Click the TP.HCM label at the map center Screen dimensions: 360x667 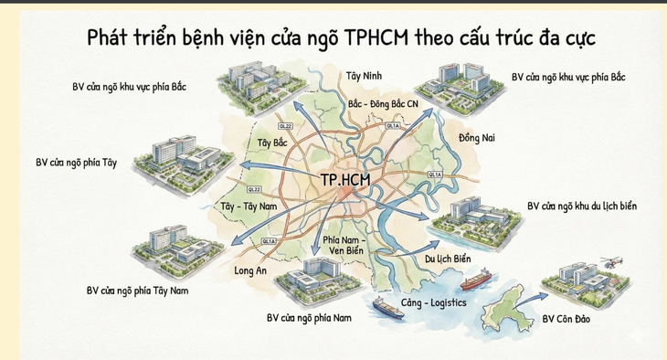pyautogui.click(x=344, y=180)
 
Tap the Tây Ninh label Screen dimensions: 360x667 pyautogui.click(x=364, y=76)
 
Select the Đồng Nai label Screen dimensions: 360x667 pyautogui.click(x=475, y=137)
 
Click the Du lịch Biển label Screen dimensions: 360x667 pyautogui.click(x=448, y=259)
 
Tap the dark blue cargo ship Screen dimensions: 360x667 pyautogui.click(x=398, y=308)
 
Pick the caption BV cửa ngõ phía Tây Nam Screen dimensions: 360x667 pyautogui.click(x=137, y=291)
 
